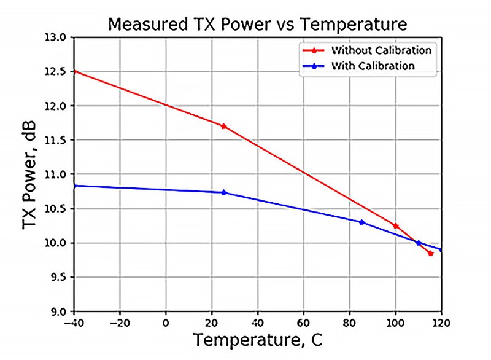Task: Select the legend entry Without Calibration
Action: pos(381,50)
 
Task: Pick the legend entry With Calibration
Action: pos(373,65)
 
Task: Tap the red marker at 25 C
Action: pos(223,127)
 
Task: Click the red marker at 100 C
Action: pos(396,226)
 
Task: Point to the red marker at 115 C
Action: pos(430,253)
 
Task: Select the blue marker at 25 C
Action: pos(223,192)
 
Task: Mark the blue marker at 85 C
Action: pos(361,222)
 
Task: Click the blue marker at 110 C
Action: pos(419,243)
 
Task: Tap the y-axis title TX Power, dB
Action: pos(29,175)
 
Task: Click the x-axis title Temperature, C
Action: pos(257,339)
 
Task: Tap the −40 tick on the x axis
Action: pos(74,321)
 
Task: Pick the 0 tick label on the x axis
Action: pos(166,321)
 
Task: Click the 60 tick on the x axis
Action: pos(304,321)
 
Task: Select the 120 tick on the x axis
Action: pos(441,321)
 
